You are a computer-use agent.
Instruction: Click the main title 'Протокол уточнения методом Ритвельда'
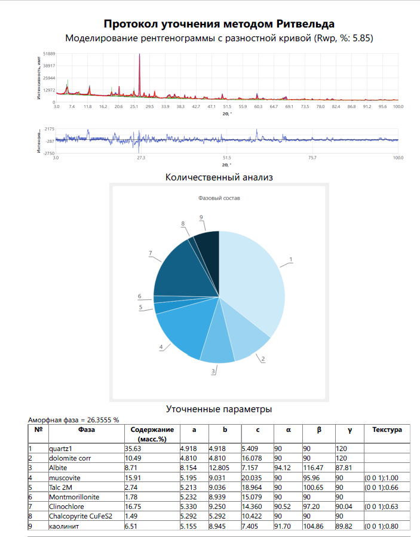[x=219, y=23]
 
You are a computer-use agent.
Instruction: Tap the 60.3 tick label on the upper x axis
[x=258, y=106]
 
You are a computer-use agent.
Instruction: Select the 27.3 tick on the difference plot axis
[x=141, y=158]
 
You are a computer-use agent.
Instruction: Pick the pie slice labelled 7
[x=182, y=269]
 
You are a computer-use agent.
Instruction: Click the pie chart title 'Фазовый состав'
[x=219, y=197]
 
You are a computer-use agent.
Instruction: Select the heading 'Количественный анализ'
[x=219, y=177]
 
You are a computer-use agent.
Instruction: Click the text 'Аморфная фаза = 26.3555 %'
[x=74, y=420]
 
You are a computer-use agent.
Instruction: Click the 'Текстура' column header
[x=387, y=429]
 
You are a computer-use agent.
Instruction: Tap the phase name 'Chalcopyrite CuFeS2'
[x=81, y=517]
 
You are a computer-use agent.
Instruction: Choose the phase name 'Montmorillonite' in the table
[x=75, y=497]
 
